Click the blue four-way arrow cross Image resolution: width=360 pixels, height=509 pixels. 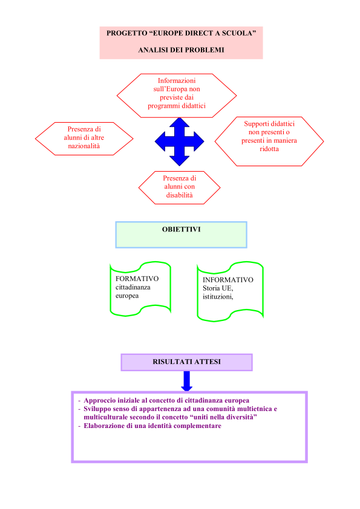[179, 142]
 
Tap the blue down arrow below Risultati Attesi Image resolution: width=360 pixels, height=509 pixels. [186, 381]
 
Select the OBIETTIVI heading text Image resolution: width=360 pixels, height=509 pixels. [182, 229]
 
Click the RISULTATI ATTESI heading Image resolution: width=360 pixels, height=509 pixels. [186, 361]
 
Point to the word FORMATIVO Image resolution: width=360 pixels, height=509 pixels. [137, 279]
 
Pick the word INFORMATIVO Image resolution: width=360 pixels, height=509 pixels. [227, 279]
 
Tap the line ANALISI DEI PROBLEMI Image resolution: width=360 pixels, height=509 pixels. [182, 50]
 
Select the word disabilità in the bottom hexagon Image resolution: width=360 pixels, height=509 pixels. [179, 195]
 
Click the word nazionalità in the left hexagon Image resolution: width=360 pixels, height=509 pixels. [84, 146]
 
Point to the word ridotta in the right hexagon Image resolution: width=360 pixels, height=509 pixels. [269, 149]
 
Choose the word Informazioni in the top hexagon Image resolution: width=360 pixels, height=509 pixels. [177, 80]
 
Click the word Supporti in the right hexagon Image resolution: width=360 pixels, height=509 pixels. [256, 124]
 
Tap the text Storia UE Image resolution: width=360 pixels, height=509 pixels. [218, 288]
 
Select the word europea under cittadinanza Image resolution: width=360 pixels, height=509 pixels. [127, 296]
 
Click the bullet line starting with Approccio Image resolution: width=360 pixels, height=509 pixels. [164, 401]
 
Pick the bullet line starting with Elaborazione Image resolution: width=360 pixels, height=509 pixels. [150, 426]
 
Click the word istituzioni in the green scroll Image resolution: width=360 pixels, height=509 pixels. [218, 297]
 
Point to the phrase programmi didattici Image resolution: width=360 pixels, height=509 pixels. [177, 106]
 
